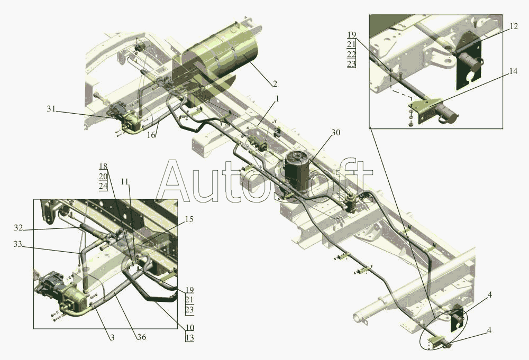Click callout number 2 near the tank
pos(275,84)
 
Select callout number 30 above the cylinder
pos(335,133)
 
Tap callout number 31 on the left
pos(51,108)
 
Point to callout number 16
pos(151,135)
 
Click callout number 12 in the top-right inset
pos(513,26)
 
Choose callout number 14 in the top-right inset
pos(513,71)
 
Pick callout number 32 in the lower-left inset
pos(18,228)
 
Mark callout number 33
pos(17,244)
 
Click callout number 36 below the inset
pos(142,337)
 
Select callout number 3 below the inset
pos(112,337)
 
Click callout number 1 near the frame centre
pos(277,99)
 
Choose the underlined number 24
pos(103,186)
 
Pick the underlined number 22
pos(351,54)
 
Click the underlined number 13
pos(189,337)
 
